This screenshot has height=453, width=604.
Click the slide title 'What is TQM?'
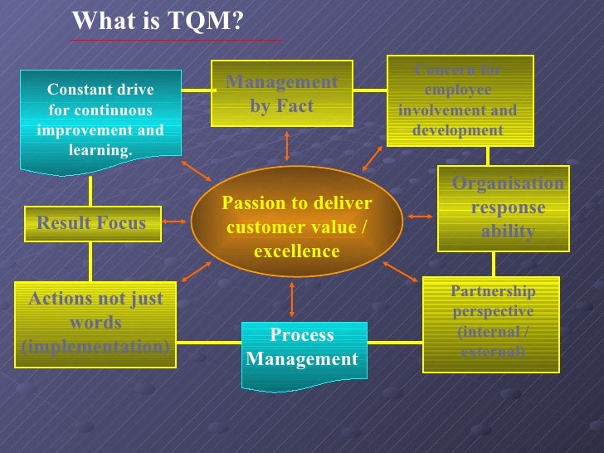pos(158,21)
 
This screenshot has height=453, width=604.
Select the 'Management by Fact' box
pos(282,94)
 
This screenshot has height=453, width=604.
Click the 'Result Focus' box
pos(91,223)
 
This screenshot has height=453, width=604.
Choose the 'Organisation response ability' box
pos(504,208)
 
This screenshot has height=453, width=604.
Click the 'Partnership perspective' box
pos(491,322)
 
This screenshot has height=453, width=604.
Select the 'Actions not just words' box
pos(95,323)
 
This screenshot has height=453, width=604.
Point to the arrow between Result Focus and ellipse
pos(174,222)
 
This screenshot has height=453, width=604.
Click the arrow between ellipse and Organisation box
pos(420,217)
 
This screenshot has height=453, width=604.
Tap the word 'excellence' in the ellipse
pos(297,251)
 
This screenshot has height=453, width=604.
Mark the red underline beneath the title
pos(176,41)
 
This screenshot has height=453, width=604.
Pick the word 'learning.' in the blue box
pos(100,150)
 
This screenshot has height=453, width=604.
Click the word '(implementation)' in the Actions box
pos(95,346)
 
